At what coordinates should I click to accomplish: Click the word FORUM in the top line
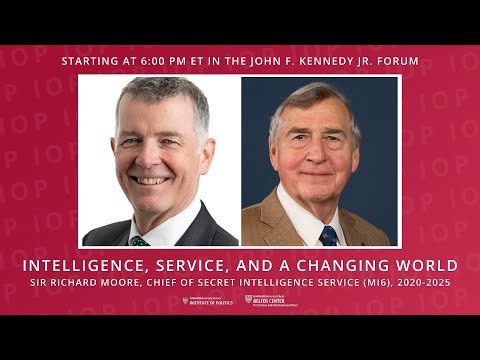pos(397,61)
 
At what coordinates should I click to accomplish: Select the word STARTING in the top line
pos(91,61)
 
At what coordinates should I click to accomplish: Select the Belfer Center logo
pos(271,301)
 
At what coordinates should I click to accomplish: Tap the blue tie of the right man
pos(329,236)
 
